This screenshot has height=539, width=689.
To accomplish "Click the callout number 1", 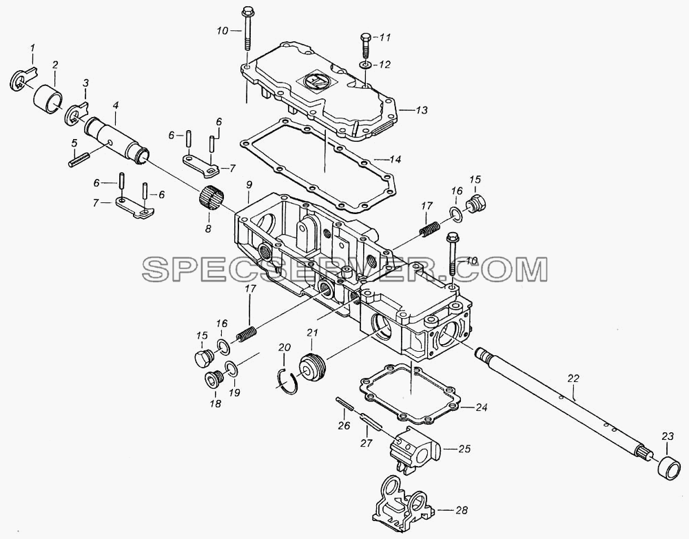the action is [x=32, y=47].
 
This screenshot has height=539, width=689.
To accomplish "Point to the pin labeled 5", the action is [x=79, y=159].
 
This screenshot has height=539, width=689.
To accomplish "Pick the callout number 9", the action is [x=249, y=184].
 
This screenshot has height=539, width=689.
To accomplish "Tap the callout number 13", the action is [x=422, y=109].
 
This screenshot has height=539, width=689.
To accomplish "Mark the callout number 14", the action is [x=395, y=159].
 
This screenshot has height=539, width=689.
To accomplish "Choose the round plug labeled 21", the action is [x=312, y=366].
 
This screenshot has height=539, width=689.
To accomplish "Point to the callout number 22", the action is [x=573, y=379].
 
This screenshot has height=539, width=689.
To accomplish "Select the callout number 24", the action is [x=482, y=408].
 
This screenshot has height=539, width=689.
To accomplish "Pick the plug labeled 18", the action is [x=215, y=379].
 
